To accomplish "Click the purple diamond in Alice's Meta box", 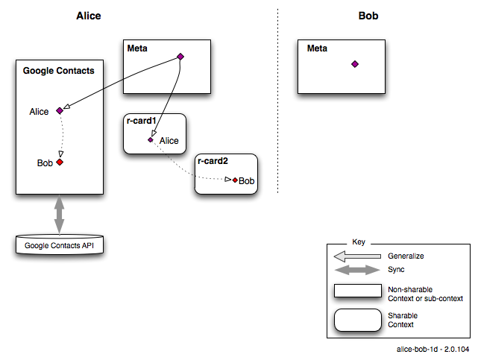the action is coord(180,57).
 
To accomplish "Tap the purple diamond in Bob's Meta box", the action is coord(355,64).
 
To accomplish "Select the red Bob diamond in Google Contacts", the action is coord(60,162).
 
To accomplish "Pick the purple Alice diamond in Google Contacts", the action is coord(60,110).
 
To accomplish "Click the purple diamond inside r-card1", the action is coord(151,140).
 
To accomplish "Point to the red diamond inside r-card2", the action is coord(235,180).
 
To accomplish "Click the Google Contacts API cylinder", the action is coord(60,244).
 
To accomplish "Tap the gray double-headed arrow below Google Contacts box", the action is coord(59,215).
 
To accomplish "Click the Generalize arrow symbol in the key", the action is coord(357,256).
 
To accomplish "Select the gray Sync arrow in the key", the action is coord(357,270).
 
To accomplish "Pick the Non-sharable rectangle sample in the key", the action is coord(358,291).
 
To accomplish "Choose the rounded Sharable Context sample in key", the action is coord(358,320).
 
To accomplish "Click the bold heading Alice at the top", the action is coord(89,16).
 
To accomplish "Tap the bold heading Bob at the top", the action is coord(368,16).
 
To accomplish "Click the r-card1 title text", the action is coord(142,121).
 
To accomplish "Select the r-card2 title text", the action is coord(213,161).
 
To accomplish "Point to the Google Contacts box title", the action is coord(58,71).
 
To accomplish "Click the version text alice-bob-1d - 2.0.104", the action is coord(433,350).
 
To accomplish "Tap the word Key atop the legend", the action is coord(359,241).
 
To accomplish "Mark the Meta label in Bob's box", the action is coord(317,48).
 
